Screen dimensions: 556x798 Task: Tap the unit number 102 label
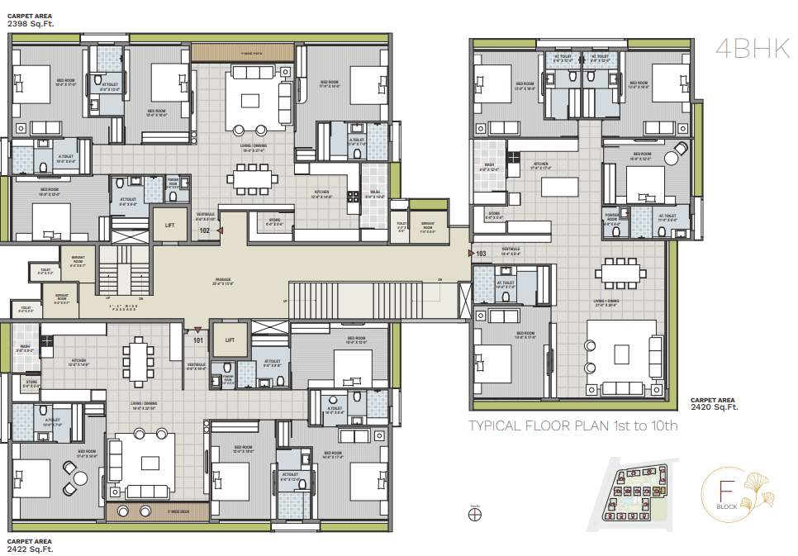(205, 230)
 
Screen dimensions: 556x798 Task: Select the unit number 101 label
(198, 339)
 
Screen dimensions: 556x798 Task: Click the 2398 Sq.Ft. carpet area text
(31, 24)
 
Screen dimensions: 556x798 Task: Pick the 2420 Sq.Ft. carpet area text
(715, 406)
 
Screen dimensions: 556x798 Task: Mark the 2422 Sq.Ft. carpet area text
(31, 548)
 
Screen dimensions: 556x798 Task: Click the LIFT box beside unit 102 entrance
(169, 224)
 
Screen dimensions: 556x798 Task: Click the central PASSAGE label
(219, 280)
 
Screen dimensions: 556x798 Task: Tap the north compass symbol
(474, 514)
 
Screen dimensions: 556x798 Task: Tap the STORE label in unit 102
(273, 221)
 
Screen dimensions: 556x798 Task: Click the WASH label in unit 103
(489, 166)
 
